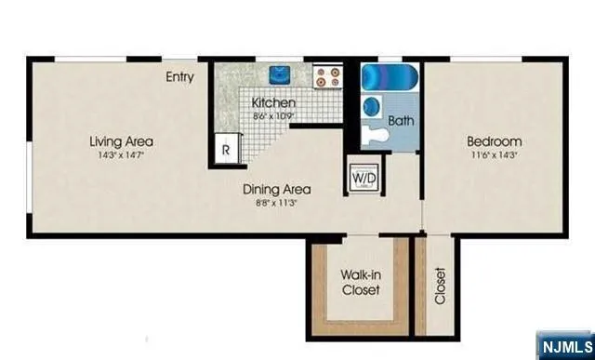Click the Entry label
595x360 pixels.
tap(179, 77)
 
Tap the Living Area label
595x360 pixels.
tap(121, 141)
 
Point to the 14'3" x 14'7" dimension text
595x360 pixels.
tap(121, 155)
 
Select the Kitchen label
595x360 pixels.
tap(273, 102)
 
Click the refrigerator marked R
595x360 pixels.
tap(226, 147)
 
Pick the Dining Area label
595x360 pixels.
tap(276, 190)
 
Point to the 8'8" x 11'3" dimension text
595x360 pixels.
tap(276, 204)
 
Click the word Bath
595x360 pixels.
tap(401, 121)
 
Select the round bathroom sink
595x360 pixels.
tap(372, 105)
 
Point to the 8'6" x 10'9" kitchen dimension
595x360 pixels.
tap(273, 116)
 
